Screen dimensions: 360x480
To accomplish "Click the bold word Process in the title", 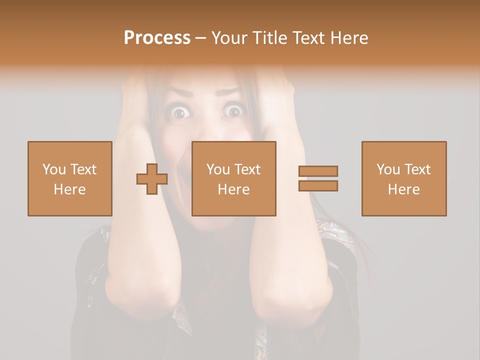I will pos(157,38).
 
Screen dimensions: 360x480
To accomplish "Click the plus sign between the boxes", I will pos(152,179).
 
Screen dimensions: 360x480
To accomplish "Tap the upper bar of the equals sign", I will pos(318,171).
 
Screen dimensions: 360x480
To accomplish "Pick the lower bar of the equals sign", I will pos(318,186).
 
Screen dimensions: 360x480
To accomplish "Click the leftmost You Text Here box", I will pos(70,178).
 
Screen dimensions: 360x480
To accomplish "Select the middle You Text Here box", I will pos(234,178).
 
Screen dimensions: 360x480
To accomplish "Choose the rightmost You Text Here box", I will pos(404,178).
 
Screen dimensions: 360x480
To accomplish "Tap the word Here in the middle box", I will pos(234,189).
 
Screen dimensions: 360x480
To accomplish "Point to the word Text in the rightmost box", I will pos(417,169).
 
